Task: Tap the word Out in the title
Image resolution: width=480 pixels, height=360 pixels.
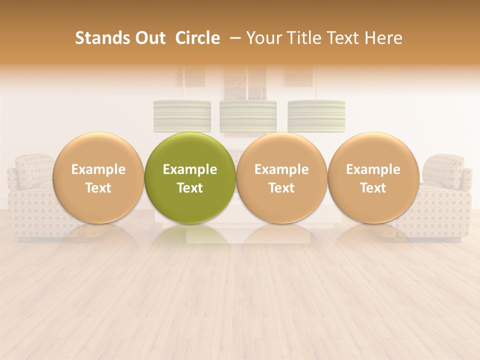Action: click(x=148, y=38)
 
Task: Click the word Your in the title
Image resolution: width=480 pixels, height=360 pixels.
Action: click(x=263, y=38)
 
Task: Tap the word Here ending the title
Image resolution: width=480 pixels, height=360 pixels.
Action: click(x=383, y=38)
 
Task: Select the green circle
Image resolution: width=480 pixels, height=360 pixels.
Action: click(x=190, y=177)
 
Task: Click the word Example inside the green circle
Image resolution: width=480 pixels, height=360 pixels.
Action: click(x=190, y=169)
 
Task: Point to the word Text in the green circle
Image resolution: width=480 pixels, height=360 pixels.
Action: click(x=190, y=188)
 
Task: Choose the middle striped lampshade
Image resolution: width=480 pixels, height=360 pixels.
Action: click(x=248, y=116)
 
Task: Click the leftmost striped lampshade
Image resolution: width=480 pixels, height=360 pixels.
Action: click(x=182, y=116)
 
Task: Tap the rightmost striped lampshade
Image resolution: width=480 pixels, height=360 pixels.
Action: click(x=316, y=116)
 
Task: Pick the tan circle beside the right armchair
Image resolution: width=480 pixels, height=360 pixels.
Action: click(x=373, y=177)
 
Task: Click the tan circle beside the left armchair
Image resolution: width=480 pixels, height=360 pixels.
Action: click(x=98, y=177)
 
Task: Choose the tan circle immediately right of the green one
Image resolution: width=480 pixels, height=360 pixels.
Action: click(x=281, y=177)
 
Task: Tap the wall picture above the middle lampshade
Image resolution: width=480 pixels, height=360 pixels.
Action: click(x=245, y=83)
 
